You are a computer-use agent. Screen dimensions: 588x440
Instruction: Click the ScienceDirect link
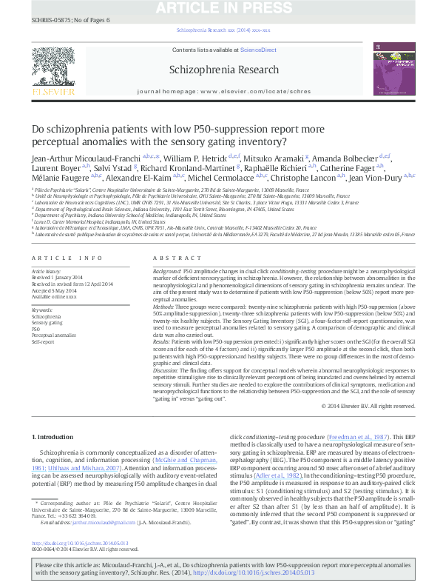(258, 50)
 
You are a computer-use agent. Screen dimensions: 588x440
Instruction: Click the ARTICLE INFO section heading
(67, 257)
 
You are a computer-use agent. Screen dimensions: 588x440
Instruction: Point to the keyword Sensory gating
(47, 322)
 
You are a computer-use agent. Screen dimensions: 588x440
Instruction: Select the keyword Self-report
(43, 342)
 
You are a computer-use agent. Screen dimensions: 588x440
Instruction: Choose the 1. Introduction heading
(53, 438)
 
